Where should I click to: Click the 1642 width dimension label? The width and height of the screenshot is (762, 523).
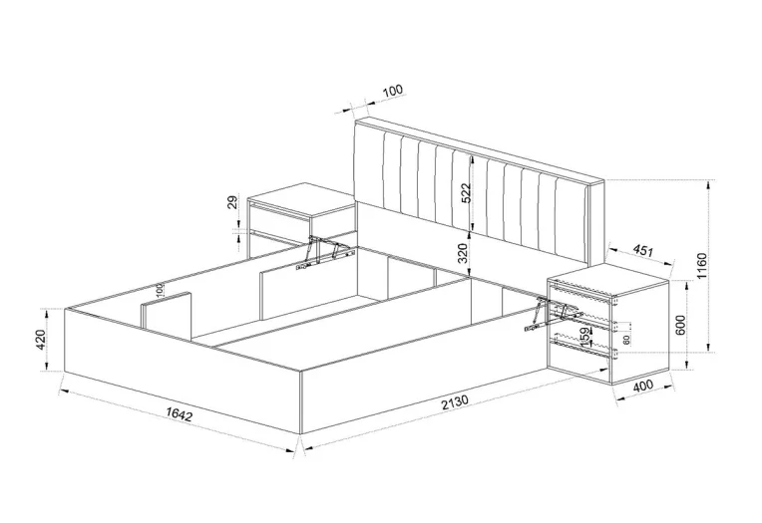180,414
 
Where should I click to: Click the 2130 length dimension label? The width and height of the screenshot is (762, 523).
455,402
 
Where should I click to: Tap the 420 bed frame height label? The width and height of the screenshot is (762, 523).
40,340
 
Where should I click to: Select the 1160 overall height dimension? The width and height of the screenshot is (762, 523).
701,266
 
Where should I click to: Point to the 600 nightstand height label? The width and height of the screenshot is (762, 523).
680,325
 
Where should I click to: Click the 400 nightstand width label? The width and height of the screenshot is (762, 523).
643,387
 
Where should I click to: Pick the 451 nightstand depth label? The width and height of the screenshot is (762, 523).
642,251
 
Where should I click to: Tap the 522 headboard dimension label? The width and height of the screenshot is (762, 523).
466,194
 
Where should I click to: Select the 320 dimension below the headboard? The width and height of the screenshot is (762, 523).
463,252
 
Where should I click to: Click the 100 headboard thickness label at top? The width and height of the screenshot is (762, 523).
393,91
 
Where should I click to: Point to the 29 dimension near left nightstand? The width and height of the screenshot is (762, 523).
232,202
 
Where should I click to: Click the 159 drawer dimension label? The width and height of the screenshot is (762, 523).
585,335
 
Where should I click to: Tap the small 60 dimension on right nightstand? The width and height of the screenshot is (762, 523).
626,340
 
